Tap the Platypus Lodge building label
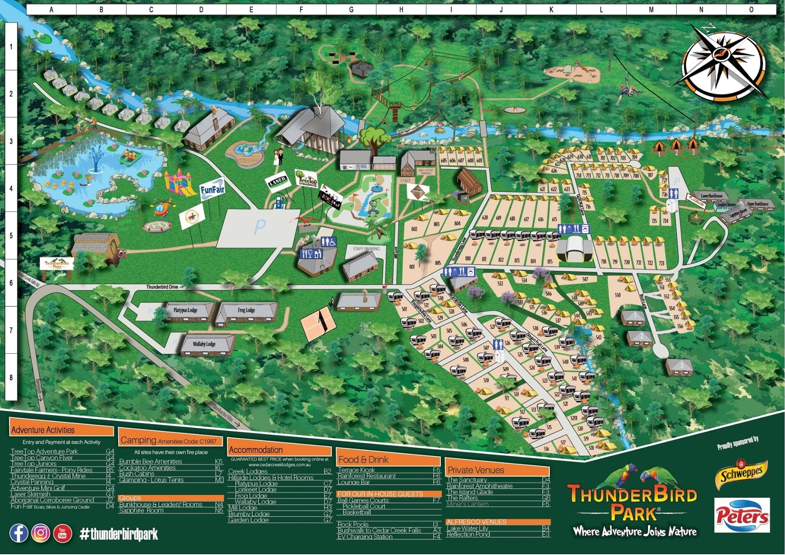tap(185, 310)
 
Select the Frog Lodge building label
tap(246, 310)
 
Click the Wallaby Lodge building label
tap(204, 344)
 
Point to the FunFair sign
tap(212, 190)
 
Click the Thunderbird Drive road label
tap(162, 287)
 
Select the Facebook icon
tap(19, 533)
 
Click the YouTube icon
tap(62, 533)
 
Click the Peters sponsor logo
tap(742, 515)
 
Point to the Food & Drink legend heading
tap(363, 460)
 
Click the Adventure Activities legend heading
tap(43, 430)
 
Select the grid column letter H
tap(401, 10)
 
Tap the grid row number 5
tap(11, 236)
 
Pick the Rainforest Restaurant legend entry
tap(366, 476)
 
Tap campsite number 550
tap(617, 295)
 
